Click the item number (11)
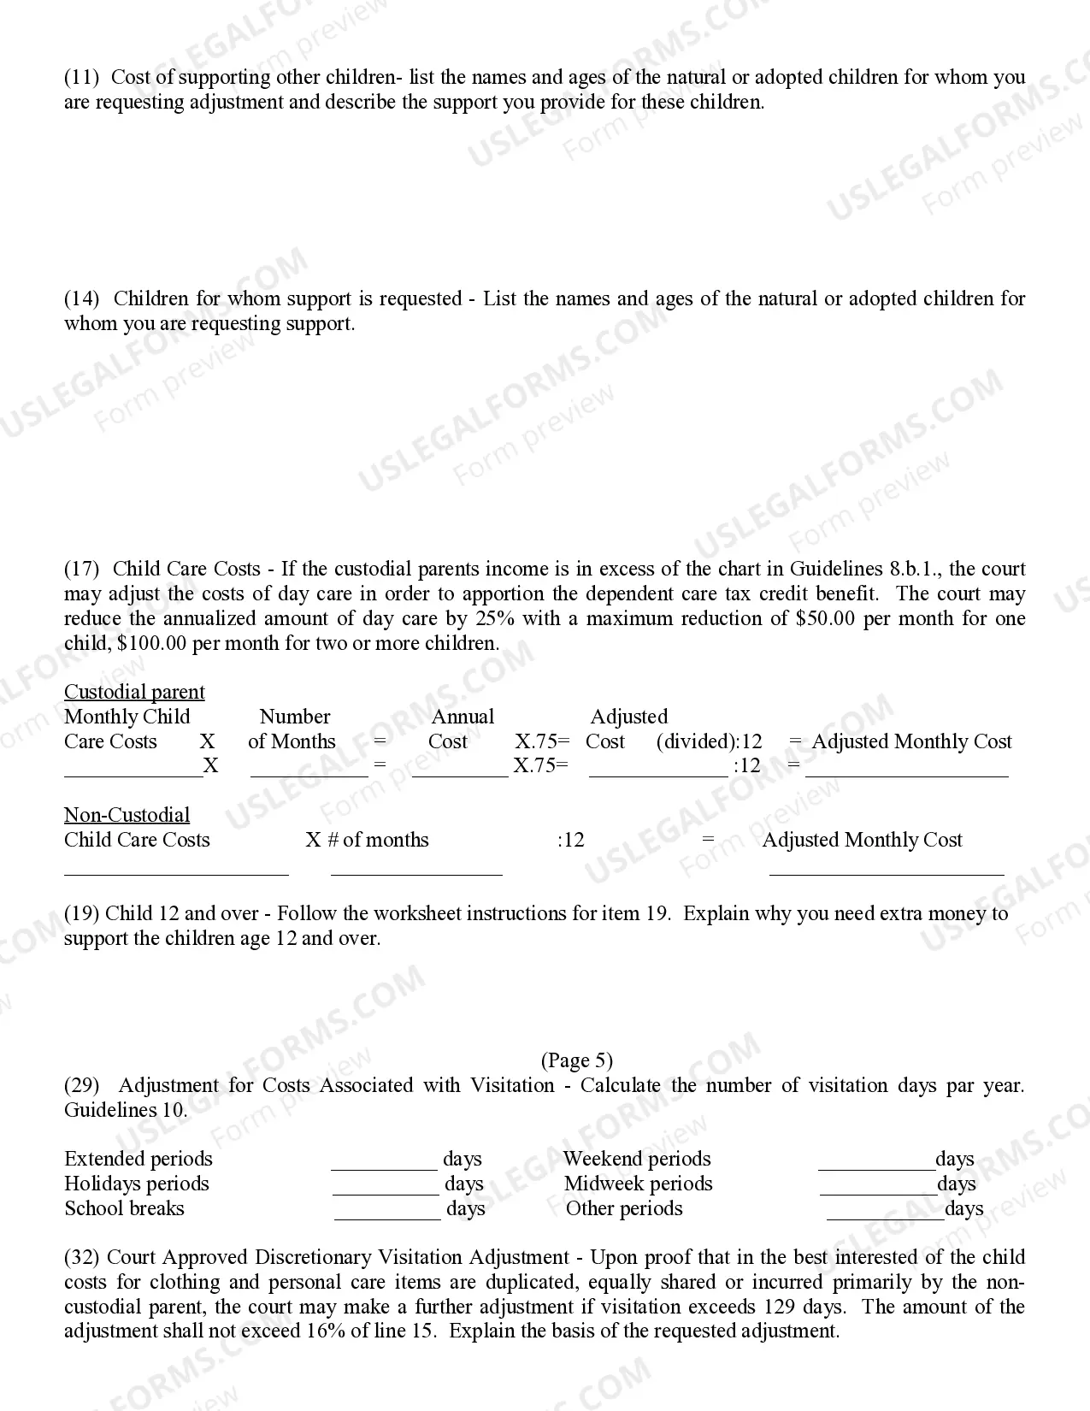pyautogui.click(x=81, y=78)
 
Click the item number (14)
pyautogui.click(x=81, y=299)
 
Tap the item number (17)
pyautogui.click(x=81, y=570)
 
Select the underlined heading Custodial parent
pyautogui.click(x=134, y=693)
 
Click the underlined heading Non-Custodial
pyautogui.click(x=127, y=815)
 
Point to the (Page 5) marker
pyautogui.click(x=577, y=1061)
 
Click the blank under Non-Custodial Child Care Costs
pyautogui.click(x=176, y=873)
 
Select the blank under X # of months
pyautogui.click(x=416, y=873)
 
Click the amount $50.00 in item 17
pyautogui.click(x=825, y=619)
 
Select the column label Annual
pyautogui.click(x=463, y=717)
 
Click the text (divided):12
pyautogui.click(x=709, y=742)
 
